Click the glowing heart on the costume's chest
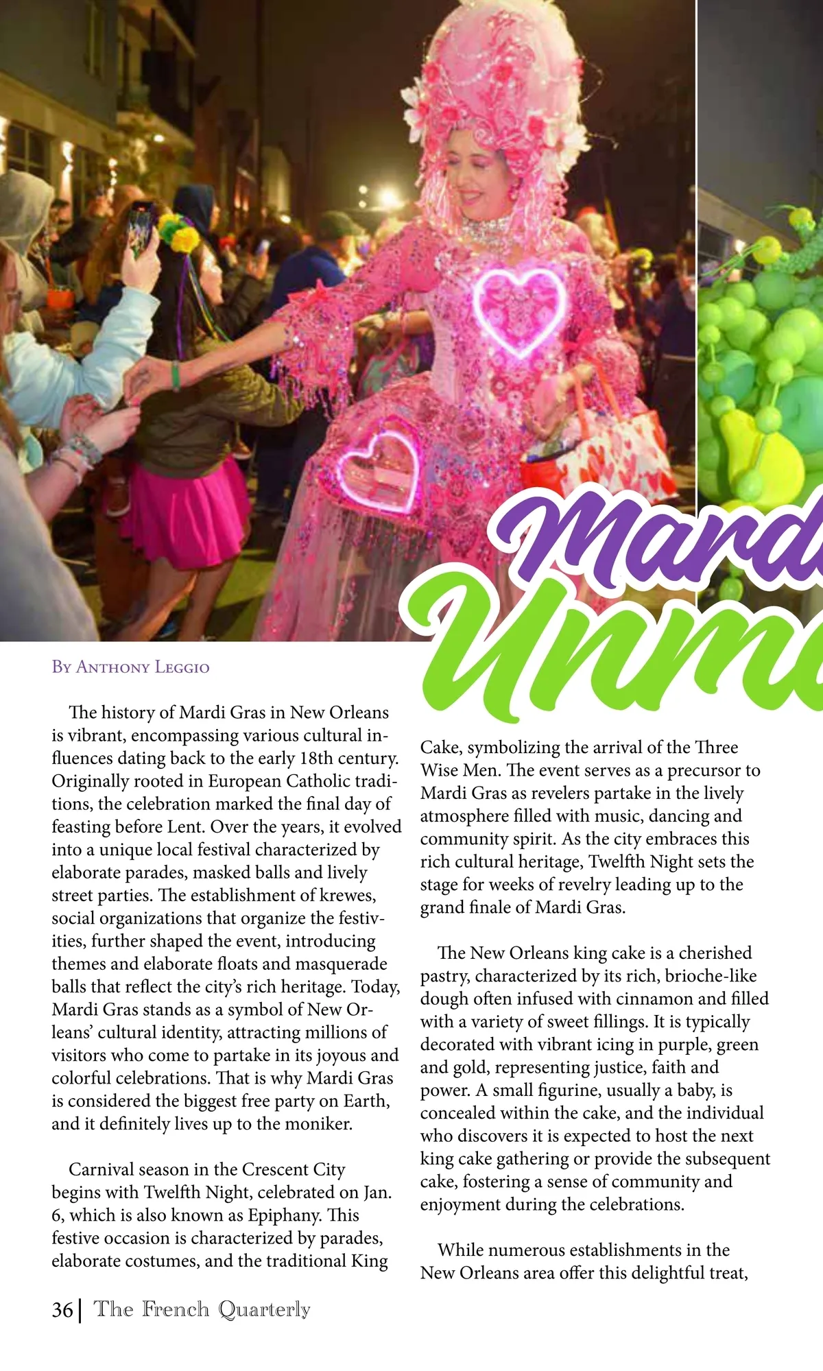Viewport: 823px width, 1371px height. tap(521, 313)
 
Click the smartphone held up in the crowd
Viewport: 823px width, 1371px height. tap(141, 230)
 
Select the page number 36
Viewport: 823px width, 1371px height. tap(62, 1310)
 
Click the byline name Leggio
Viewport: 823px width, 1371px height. tap(182, 667)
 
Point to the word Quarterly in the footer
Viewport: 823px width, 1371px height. tap(264, 1310)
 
